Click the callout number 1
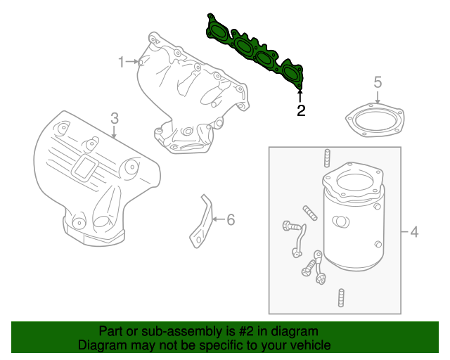pyautogui.click(x=121, y=62)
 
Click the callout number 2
pyautogui.click(x=301, y=110)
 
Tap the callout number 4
pyautogui.click(x=414, y=231)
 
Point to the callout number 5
pyautogui.click(x=377, y=83)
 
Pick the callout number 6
pyautogui.click(x=230, y=219)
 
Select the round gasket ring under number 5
pyautogui.click(x=376, y=119)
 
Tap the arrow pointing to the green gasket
pyautogui.click(x=301, y=96)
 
